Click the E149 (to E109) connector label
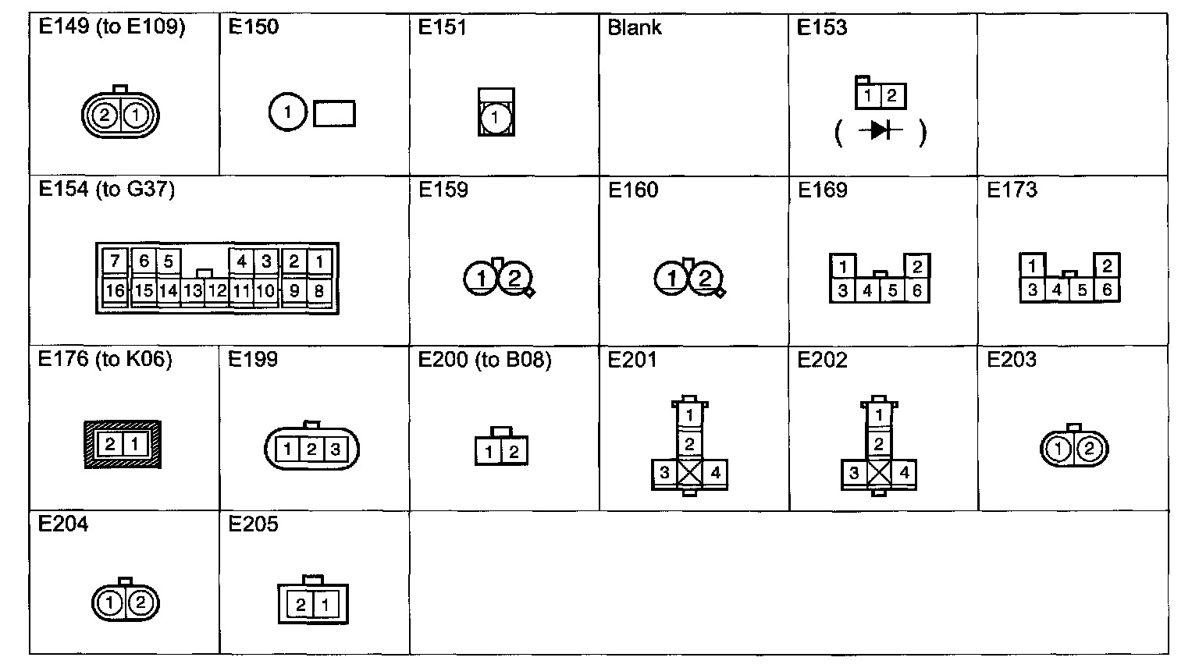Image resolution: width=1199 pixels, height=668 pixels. [112, 27]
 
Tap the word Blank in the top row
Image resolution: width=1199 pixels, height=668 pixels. [634, 28]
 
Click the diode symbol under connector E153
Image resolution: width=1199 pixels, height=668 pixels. [880, 130]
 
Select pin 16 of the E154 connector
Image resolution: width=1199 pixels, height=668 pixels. [115, 291]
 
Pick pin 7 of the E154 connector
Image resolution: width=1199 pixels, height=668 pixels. [115, 261]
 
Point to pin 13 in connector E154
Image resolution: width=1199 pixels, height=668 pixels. [192, 291]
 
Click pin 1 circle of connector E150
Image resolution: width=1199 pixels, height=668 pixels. [287, 113]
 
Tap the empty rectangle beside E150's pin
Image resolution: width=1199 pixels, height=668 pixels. [334, 114]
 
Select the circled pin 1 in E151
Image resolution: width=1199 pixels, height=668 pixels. [496, 119]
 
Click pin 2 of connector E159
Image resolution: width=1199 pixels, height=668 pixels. [514, 278]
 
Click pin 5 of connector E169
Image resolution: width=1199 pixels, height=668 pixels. [892, 291]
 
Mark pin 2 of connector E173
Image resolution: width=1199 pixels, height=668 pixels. [1106, 266]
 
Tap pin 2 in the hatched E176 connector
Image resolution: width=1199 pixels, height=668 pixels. [110, 444]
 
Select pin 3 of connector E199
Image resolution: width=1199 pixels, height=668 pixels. [336, 449]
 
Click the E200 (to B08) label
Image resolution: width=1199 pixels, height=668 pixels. [485, 360]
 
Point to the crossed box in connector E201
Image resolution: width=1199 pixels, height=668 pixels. [690, 472]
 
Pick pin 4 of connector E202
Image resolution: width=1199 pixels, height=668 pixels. [904, 473]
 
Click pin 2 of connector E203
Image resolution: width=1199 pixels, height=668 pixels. [1091, 449]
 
